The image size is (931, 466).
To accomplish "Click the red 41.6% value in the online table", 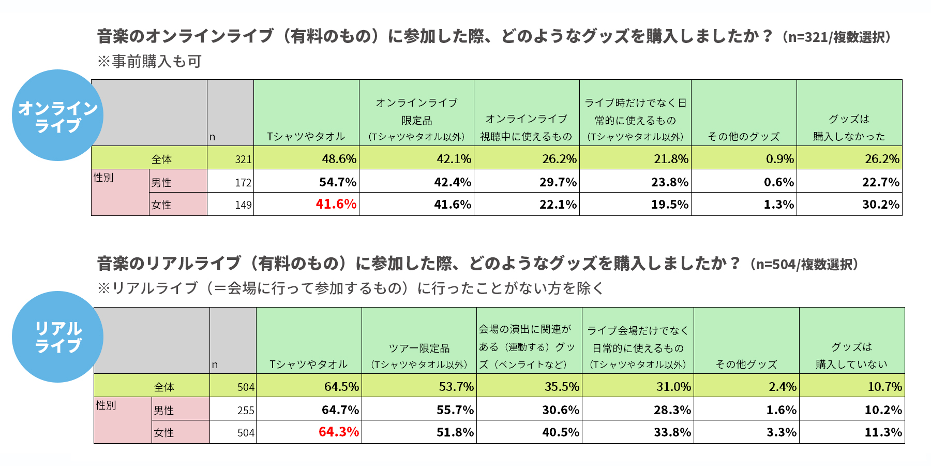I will tap(336, 204).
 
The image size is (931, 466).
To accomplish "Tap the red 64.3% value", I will tap(338, 432).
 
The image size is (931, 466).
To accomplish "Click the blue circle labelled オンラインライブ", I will tap(57, 115).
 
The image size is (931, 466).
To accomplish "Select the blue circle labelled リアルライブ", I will tap(57, 337).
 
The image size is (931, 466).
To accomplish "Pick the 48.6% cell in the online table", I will tap(339, 158).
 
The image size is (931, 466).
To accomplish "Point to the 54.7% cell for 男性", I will tap(337, 182).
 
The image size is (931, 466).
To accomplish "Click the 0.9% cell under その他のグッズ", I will tap(779, 158).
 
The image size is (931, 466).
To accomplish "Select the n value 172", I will tap(243, 183).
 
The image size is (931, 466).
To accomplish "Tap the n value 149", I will tap(243, 205).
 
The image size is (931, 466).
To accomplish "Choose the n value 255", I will tap(246, 411).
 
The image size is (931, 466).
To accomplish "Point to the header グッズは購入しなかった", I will tap(849, 127).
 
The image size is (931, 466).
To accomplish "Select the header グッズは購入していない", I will tap(851, 355).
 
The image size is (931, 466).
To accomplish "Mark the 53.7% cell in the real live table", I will tap(456, 387).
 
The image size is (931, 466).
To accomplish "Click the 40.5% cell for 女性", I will tap(560, 432).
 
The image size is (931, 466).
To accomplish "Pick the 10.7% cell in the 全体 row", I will tap(884, 387).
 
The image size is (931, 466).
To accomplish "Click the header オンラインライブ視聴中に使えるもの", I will tap(526, 127).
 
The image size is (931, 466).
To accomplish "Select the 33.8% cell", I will tap(672, 432).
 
